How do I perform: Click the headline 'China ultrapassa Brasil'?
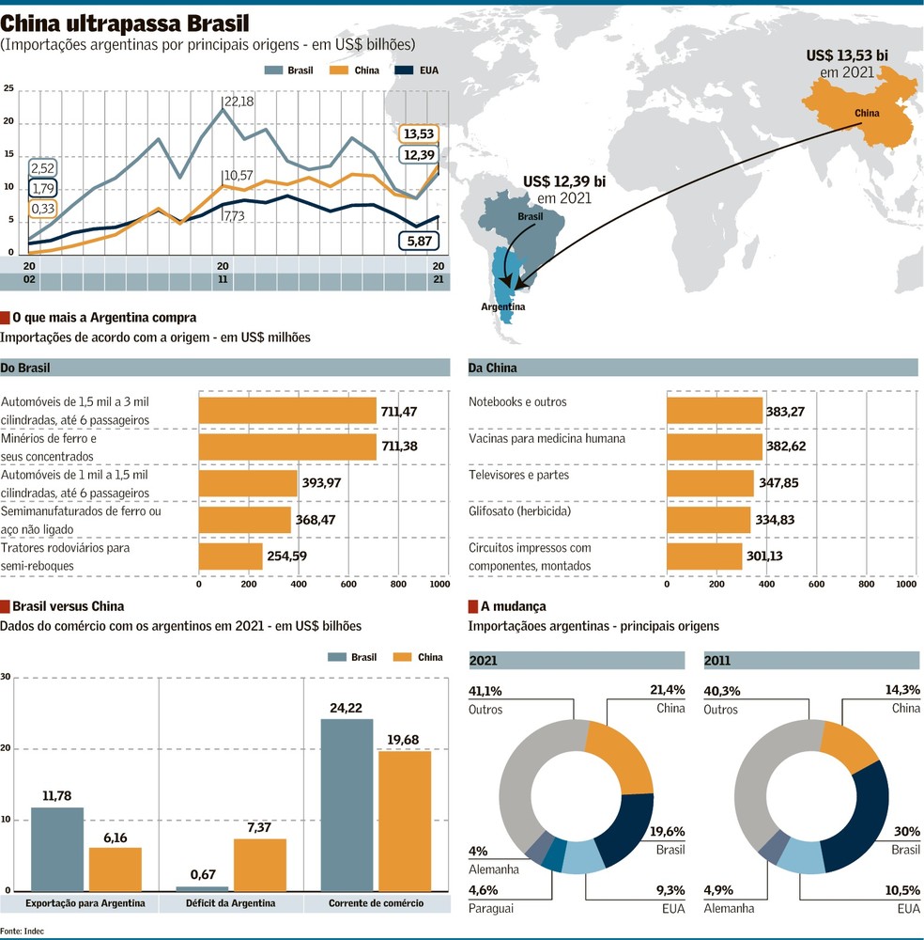point(125,23)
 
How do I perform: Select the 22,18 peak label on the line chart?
point(239,102)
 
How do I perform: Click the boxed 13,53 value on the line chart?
point(419,133)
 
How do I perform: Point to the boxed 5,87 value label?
point(419,241)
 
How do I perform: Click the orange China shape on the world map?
point(862,111)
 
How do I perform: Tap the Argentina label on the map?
point(503,306)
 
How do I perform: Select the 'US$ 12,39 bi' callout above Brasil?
point(564,181)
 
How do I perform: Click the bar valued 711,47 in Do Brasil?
point(287,411)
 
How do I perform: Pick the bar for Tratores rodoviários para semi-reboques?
point(231,556)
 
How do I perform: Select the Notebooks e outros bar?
point(715,411)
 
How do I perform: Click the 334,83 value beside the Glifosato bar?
point(775,519)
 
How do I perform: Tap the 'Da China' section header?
point(492,368)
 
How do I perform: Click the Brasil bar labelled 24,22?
point(346,806)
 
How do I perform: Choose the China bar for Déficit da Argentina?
point(260,865)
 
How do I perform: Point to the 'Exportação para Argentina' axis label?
point(85,902)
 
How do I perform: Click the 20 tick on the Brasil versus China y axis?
point(6,748)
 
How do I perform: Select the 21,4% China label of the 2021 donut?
point(667,690)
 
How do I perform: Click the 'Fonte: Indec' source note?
point(22,931)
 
